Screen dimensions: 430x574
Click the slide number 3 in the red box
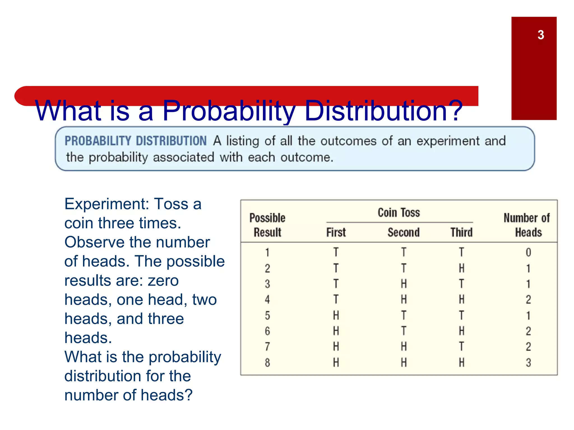(x=541, y=35)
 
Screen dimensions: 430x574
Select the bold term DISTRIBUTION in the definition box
(x=171, y=141)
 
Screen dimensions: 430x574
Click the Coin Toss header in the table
(x=399, y=212)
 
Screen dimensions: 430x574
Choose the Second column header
(x=403, y=232)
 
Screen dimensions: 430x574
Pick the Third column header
(x=461, y=232)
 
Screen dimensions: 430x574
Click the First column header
(x=336, y=232)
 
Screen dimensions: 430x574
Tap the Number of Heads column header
(x=527, y=225)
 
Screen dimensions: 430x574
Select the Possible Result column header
(x=267, y=225)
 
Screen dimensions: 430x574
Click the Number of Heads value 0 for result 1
(x=528, y=253)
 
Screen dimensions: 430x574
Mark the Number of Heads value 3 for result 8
(x=528, y=363)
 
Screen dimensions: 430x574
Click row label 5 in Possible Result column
(x=267, y=316)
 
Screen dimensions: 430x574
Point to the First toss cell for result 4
(x=336, y=300)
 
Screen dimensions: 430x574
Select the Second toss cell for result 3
(x=404, y=284)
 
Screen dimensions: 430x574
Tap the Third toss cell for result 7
(x=461, y=347)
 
